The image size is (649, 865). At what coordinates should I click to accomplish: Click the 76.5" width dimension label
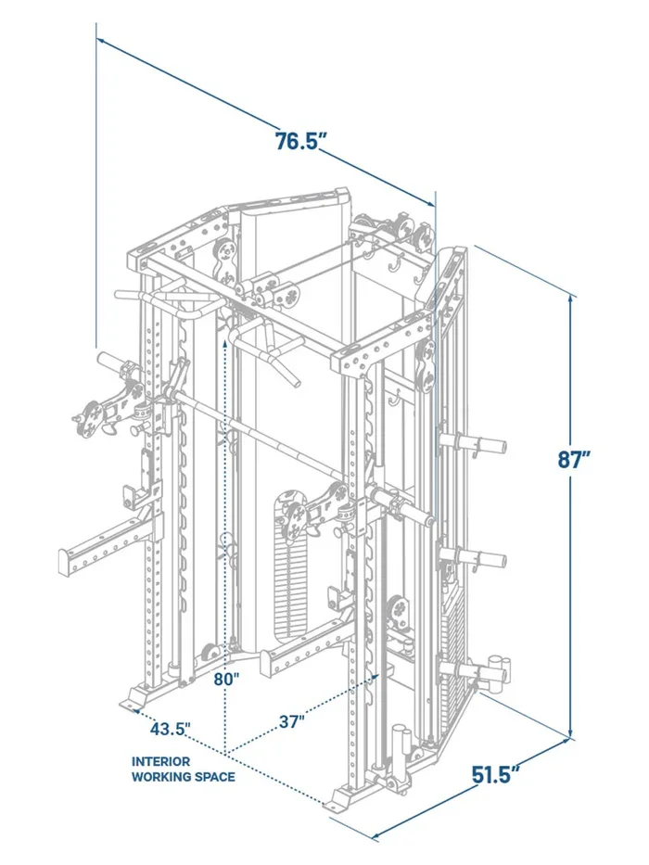point(302,142)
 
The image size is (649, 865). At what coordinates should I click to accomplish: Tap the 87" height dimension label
point(575,460)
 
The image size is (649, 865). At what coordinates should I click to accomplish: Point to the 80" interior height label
point(224,679)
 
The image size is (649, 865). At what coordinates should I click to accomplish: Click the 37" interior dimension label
point(290,720)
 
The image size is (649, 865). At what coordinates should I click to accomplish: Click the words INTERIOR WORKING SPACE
point(183,769)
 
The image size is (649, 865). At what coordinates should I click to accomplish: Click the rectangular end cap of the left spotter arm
point(65,560)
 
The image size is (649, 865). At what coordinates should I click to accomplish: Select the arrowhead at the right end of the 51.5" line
point(565,743)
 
